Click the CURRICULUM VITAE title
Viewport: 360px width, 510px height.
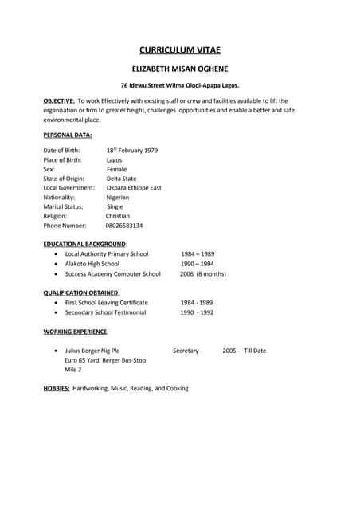[x=179, y=50]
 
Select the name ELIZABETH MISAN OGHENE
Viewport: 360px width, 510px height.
[x=179, y=69]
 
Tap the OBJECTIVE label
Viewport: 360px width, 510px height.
[x=59, y=100]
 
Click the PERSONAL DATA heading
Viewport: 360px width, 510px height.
[x=68, y=135]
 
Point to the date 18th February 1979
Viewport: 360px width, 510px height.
[x=131, y=150]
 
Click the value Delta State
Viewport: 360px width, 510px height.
[x=121, y=178]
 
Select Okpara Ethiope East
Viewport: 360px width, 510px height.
[x=133, y=188]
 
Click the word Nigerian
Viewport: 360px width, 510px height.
[x=118, y=197]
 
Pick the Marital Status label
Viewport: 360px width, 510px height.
[x=63, y=206]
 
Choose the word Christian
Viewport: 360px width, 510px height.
[x=118, y=216]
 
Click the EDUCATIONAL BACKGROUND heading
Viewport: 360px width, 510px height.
[x=84, y=244]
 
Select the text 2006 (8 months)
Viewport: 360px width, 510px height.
[x=202, y=273]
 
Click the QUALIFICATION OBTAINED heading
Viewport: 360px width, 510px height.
[x=81, y=292]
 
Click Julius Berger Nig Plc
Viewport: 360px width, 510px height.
[x=92, y=351]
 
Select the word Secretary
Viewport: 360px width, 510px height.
[x=186, y=351]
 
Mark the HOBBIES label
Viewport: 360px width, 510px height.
[x=57, y=389]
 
